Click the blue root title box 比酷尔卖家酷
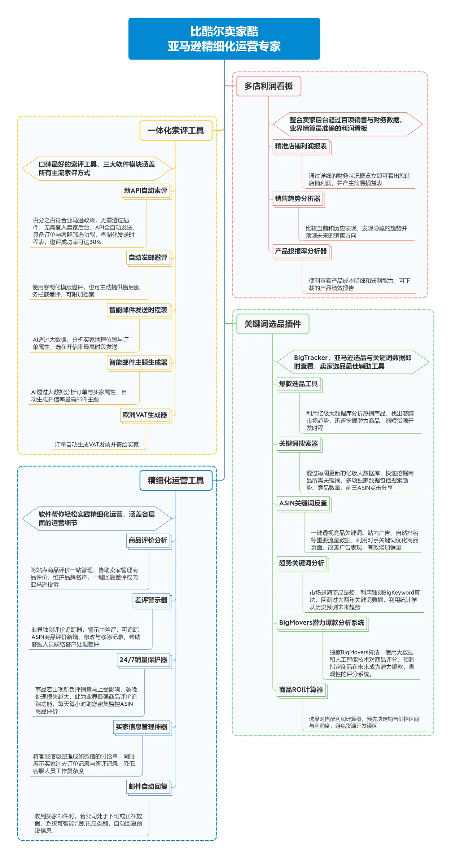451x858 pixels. pyautogui.click(x=224, y=39)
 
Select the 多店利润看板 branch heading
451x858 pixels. pyautogui.click(x=268, y=86)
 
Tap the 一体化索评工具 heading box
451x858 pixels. pyautogui.click(x=176, y=131)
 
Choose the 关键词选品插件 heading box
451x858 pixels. pyautogui.click(x=272, y=324)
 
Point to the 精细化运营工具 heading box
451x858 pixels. pyautogui.click(x=176, y=481)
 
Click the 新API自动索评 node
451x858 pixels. pyautogui.click(x=146, y=191)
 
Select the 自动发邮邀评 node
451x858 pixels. pyautogui.click(x=148, y=258)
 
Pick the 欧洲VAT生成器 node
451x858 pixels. pyautogui.click(x=145, y=415)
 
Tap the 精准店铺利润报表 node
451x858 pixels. pyautogui.click(x=301, y=146)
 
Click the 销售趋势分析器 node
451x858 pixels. pyautogui.click(x=298, y=198)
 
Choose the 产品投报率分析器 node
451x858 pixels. pyautogui.click(x=301, y=251)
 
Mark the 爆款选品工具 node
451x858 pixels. pyautogui.click(x=298, y=384)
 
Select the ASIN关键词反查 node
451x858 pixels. pyautogui.click(x=303, y=503)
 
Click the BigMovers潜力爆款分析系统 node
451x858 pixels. pyautogui.click(x=321, y=622)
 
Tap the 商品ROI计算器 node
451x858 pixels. pyautogui.click(x=301, y=690)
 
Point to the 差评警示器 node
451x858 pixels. pyautogui.click(x=151, y=600)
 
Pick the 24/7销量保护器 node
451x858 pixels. pyautogui.click(x=143, y=660)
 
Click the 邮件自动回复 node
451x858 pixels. pyautogui.click(x=148, y=787)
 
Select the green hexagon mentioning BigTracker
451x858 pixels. pyautogui.click(x=353, y=362)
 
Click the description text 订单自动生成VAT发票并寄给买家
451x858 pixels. pyautogui.click(x=97, y=445)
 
